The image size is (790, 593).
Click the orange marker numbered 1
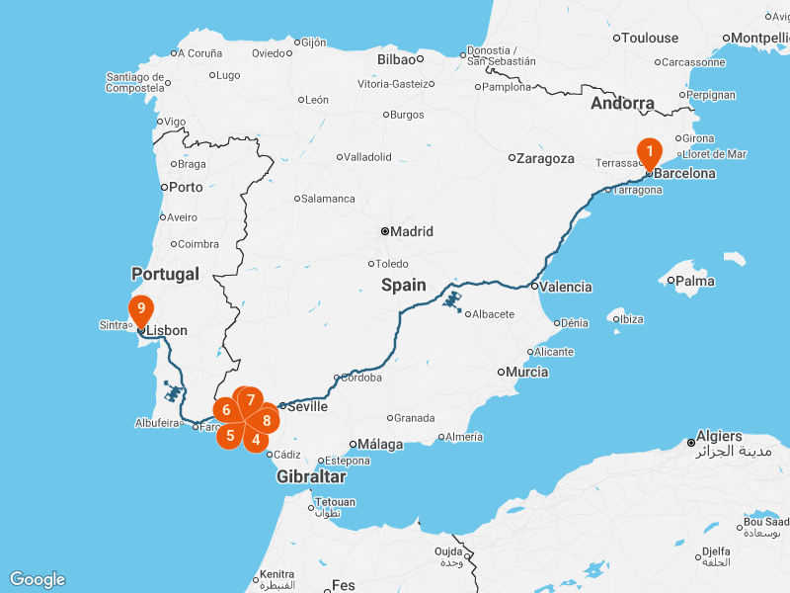[649, 151]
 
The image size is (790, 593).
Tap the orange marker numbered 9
[141, 308]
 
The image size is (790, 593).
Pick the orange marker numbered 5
[229, 435]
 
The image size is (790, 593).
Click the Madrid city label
[411, 231]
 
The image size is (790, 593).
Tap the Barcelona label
[685, 173]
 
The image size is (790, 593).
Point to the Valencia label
[567, 287]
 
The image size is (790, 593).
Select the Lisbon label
[166, 330]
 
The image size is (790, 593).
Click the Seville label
[307, 405]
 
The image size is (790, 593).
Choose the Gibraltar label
[310, 476]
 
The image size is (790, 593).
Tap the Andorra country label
[622, 103]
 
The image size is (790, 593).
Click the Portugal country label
[165, 274]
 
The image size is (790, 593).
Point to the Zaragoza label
[546, 158]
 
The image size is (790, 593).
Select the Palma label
[696, 280]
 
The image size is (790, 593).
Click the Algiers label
[719, 436]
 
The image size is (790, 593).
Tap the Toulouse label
[652, 38]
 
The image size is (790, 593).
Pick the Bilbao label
[397, 59]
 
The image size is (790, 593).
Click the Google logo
[38, 579]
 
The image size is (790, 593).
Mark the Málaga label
[381, 444]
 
